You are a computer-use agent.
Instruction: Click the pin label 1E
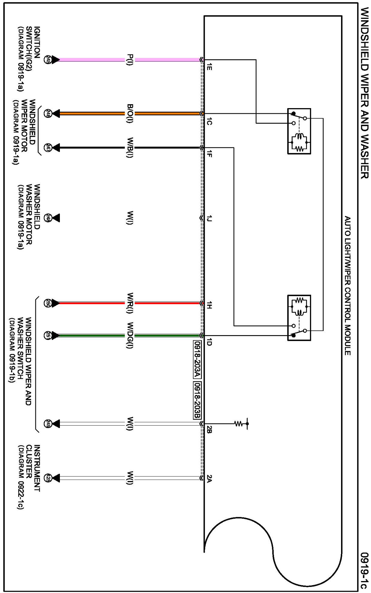click(209, 67)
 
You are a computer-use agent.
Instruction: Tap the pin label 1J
click(209, 219)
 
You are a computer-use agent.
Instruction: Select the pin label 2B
click(209, 429)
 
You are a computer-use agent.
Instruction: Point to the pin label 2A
click(209, 479)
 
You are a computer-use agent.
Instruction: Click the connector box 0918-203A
click(197, 360)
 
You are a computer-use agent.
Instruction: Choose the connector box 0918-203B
click(197, 400)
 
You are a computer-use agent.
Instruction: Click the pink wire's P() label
click(130, 60)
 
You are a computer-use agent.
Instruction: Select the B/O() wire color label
click(130, 114)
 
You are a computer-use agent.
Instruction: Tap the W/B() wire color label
click(130, 148)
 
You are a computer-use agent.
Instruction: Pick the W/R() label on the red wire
click(130, 303)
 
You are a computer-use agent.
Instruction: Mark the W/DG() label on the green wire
click(130, 335)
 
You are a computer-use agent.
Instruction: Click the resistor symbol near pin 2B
click(239, 424)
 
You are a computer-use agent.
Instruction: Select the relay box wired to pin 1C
click(299, 131)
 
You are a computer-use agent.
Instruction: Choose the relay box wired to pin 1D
click(299, 318)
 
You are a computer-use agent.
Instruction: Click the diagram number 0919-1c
click(364, 571)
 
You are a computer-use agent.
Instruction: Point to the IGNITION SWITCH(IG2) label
click(29, 58)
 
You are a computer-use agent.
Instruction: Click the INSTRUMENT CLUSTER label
click(29, 476)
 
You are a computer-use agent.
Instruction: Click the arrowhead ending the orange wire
click(56, 114)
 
